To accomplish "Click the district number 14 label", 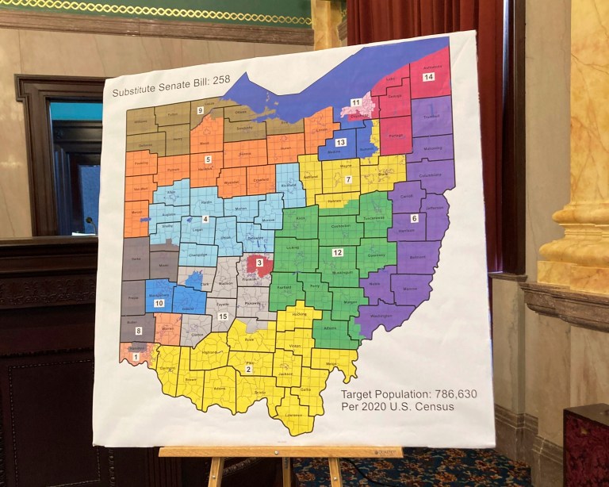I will coord(428,77).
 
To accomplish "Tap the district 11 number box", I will coord(356,103).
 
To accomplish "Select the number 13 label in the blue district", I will coord(340,141).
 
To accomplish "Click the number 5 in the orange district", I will coord(208,159).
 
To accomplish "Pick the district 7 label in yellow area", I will coord(347,180).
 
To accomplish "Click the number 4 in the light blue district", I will coord(205,219).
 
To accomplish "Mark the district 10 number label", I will coord(159,303).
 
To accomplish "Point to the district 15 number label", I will coord(223,316).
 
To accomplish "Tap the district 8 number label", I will coord(139,330).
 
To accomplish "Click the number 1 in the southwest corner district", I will coord(135,358).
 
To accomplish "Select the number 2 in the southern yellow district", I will coord(248,369).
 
